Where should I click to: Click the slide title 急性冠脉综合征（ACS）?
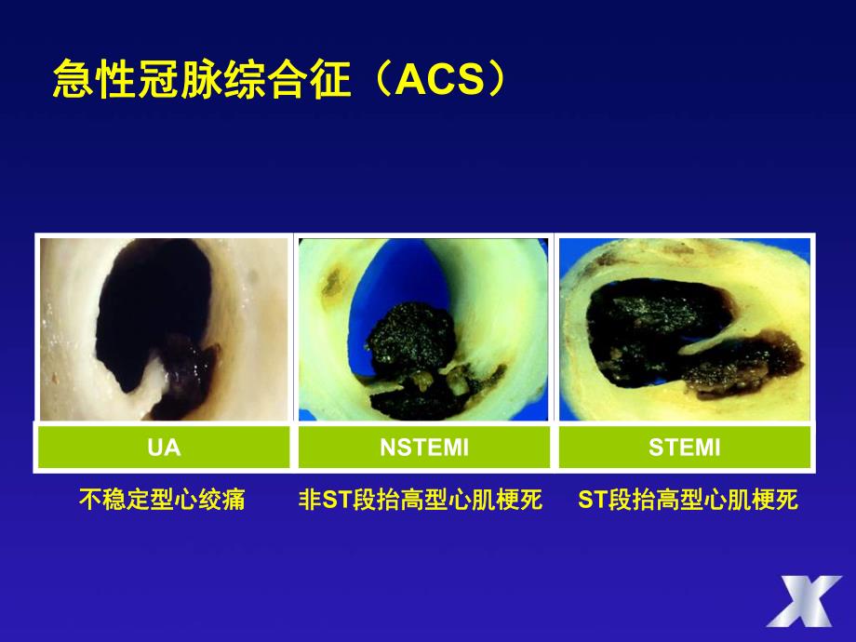tap(279, 81)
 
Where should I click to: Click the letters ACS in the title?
tap(439, 81)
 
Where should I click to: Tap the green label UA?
tap(164, 448)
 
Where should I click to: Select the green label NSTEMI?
tap(424, 448)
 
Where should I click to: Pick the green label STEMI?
tap(684, 448)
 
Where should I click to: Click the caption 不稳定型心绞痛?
tap(162, 501)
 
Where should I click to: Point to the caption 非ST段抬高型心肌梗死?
tap(420, 501)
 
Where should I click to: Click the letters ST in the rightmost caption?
tap(592, 501)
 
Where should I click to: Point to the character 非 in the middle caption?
tap(308, 501)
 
